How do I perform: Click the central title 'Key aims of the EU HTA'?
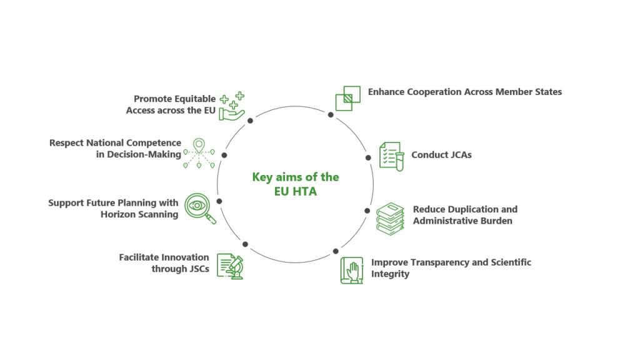tap(296, 184)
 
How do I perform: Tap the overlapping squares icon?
tap(347, 98)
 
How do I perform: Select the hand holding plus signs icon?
tap(232, 106)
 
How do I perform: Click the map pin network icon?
tap(199, 154)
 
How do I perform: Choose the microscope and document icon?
tap(230, 266)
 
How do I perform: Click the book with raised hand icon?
tap(352, 270)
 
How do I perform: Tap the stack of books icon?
tap(390, 219)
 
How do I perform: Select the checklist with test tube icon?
tap(392, 156)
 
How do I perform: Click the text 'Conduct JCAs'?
tap(441, 155)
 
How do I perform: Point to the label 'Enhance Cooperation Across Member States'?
tap(465, 92)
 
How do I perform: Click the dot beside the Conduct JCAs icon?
tap(368, 157)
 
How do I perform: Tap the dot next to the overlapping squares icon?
tap(331, 115)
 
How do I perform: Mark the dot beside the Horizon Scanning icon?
tap(219, 201)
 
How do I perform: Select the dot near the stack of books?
tap(367, 211)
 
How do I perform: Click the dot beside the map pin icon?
tap(224, 155)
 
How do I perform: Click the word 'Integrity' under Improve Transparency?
tap(390, 274)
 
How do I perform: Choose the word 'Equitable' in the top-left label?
tap(196, 99)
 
